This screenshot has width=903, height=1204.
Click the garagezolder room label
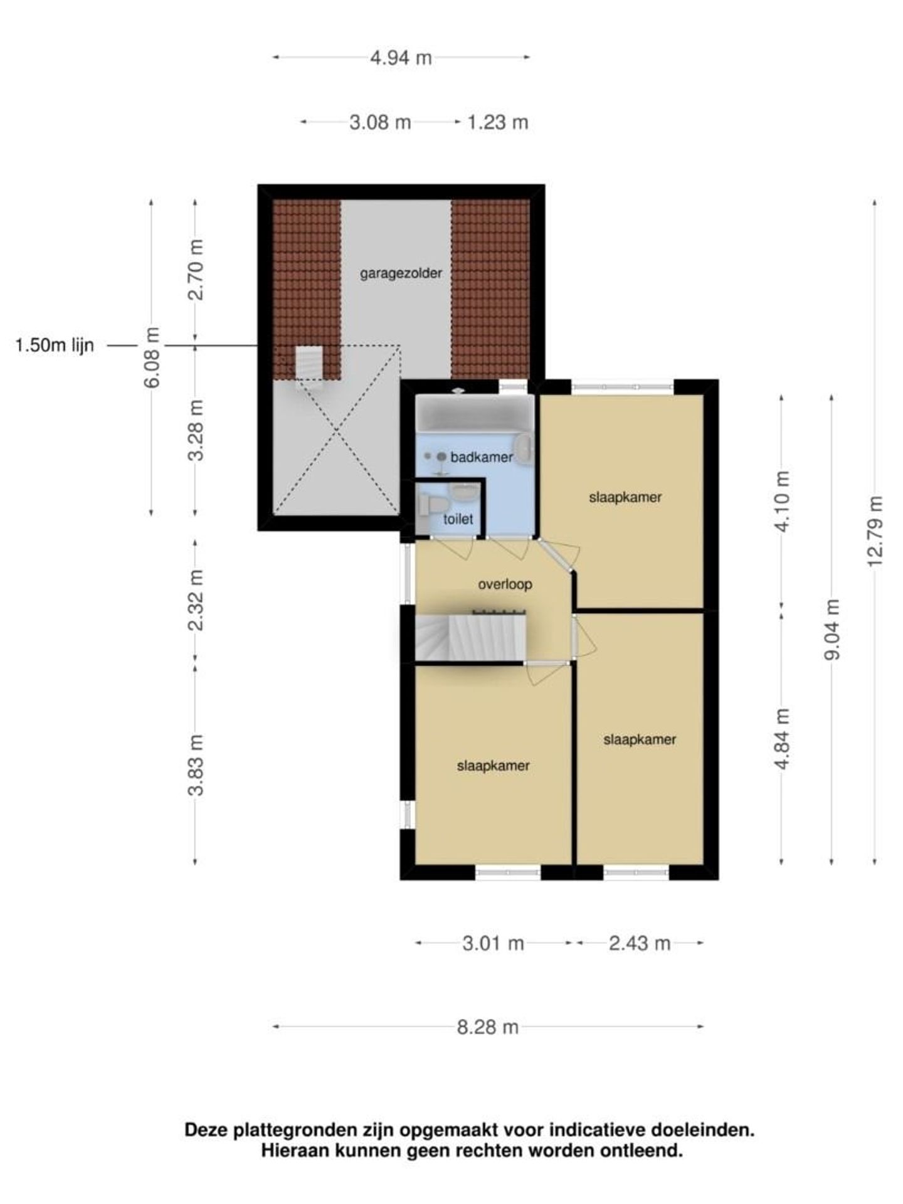point(401,274)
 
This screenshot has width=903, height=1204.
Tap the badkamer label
point(482,457)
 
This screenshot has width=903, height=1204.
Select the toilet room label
point(458,519)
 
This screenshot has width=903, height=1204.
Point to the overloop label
point(505,584)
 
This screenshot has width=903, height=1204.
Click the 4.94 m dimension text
point(401,58)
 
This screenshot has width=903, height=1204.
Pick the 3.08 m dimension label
point(380,122)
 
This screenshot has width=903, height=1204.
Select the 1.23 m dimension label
point(498,122)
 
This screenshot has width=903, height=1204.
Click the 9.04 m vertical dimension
point(832,630)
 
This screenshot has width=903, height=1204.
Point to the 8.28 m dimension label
point(488,1027)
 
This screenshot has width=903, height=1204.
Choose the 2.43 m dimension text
point(640,943)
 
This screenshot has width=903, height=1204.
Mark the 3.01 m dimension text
point(493,943)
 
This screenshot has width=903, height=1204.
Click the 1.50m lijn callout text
point(55,346)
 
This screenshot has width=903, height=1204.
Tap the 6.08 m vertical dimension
point(152,357)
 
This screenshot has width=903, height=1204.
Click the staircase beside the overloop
point(470,637)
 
